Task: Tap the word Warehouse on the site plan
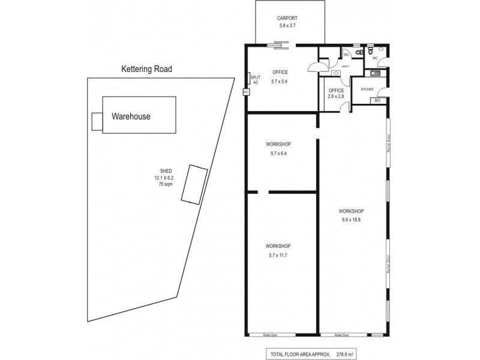coord(131,116)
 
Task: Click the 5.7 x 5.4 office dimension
coord(280,82)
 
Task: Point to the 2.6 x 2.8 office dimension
coord(335,96)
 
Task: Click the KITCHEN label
coord(367,89)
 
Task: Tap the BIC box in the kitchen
coord(378,101)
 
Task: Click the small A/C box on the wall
coord(246,92)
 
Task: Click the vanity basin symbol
coord(335,73)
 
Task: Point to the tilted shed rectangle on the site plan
coord(194,185)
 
